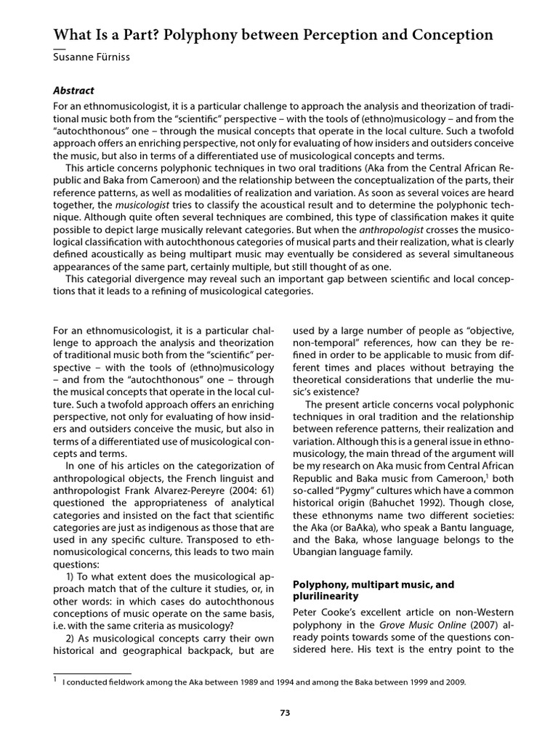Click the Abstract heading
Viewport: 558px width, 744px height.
[74, 91]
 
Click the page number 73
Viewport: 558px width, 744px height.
[285, 713]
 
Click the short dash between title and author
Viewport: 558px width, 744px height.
[60, 49]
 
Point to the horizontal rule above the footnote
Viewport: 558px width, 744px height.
[92, 674]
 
